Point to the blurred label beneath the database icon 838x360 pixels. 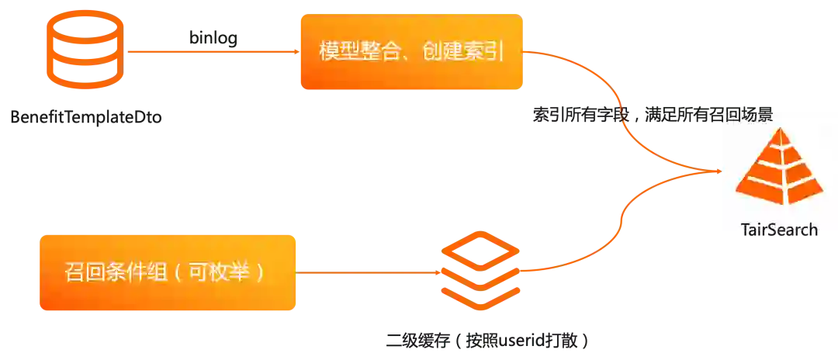pos(84,117)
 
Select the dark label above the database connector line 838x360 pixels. pos(213,37)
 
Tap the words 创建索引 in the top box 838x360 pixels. pos(459,52)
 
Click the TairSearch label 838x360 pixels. pos(778,229)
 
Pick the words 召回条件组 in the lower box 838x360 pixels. pos(113,273)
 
